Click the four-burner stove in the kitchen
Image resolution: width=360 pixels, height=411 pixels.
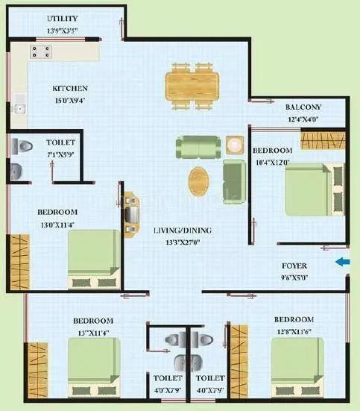(40, 51)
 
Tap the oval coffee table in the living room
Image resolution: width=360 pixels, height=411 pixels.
(199, 180)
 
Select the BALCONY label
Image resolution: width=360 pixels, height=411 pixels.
(303, 107)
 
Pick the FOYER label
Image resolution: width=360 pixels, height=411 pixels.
(294, 265)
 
